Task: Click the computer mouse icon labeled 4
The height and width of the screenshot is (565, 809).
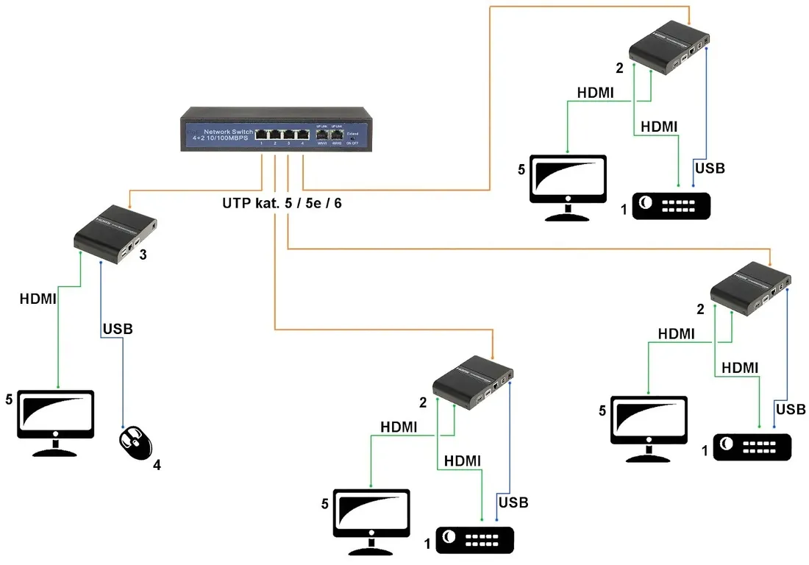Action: [135, 441]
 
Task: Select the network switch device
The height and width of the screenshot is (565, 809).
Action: [276, 129]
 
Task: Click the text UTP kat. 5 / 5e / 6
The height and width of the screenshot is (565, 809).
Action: [282, 203]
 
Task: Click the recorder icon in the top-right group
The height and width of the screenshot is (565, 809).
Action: [671, 205]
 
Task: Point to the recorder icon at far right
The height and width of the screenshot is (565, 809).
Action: [752, 447]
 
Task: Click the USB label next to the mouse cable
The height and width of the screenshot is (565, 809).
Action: [118, 329]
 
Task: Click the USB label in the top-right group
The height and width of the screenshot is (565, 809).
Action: [710, 168]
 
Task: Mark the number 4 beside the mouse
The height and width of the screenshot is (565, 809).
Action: [157, 465]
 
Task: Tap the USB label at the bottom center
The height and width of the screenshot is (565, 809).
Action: [513, 503]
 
